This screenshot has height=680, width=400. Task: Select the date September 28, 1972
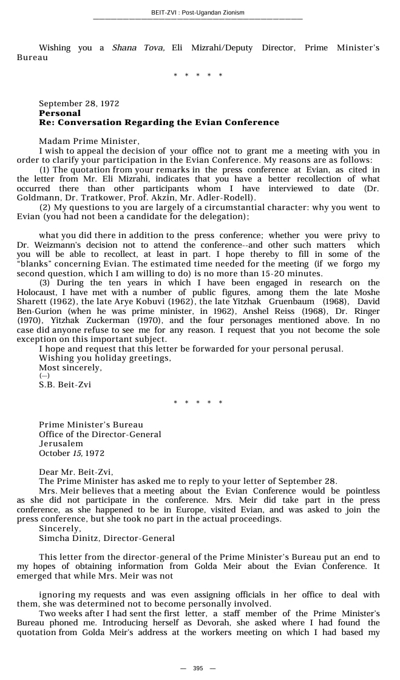pos(79,104)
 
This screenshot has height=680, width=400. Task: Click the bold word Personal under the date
pos(59,113)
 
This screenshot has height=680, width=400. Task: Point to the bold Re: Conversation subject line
pos(159,123)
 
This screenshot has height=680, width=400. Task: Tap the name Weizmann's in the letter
pos(50,245)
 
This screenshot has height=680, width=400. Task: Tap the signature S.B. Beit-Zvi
pos(65,385)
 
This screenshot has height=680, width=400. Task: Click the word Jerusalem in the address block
pos(61,444)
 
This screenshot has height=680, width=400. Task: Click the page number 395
pos(198,668)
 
